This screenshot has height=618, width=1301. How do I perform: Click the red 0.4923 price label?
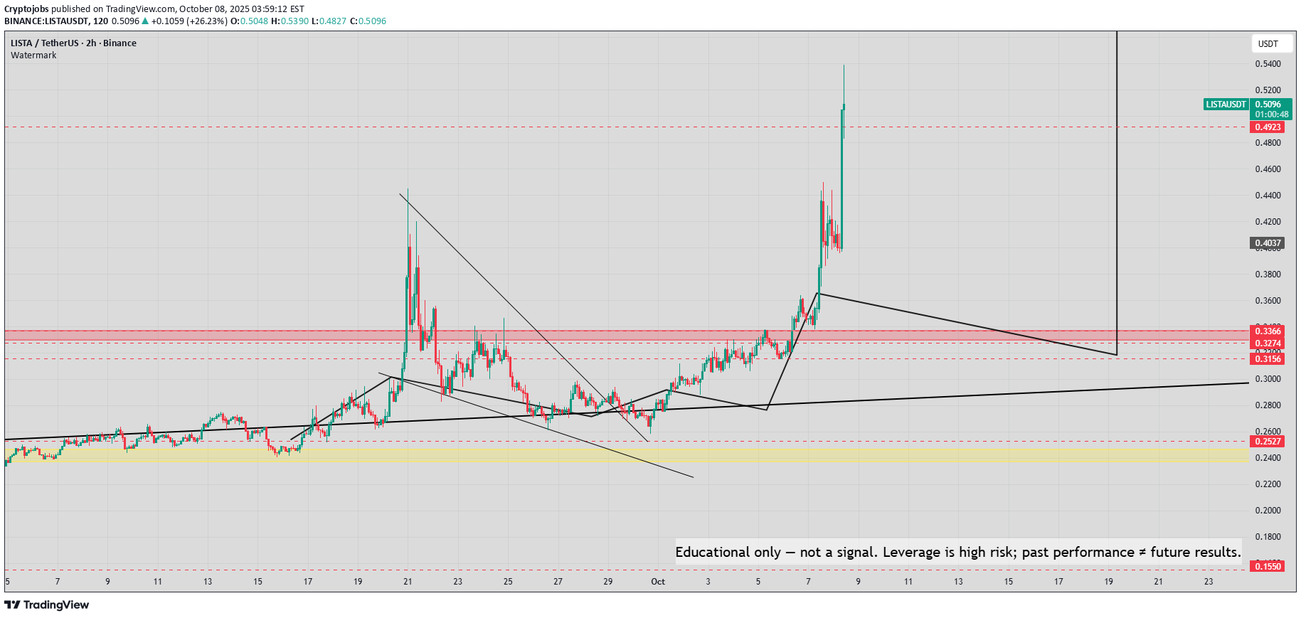(1267, 127)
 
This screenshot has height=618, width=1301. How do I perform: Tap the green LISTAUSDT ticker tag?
(1226, 105)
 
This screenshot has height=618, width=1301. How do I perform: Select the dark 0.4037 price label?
(1267, 243)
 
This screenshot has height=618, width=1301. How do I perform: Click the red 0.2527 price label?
(1267, 442)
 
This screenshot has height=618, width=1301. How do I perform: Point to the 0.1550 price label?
(1267, 566)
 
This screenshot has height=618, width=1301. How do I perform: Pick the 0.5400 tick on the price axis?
(1268, 64)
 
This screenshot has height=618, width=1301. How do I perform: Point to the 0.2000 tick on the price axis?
(1268, 511)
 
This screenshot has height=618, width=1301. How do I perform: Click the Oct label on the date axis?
(658, 582)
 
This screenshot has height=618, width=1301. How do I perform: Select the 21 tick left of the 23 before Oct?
(408, 582)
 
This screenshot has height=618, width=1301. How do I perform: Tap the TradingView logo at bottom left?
(47, 605)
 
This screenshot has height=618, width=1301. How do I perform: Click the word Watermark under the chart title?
(33, 55)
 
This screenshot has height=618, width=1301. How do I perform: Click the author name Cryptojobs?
(26, 9)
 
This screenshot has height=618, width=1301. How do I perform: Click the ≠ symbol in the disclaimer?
(1142, 553)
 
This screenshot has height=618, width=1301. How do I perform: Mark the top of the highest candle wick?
(844, 65)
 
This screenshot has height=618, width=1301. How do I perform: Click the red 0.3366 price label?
(1267, 331)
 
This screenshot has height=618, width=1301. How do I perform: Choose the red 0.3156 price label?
(1267, 359)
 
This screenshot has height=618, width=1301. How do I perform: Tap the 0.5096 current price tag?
(1268, 105)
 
